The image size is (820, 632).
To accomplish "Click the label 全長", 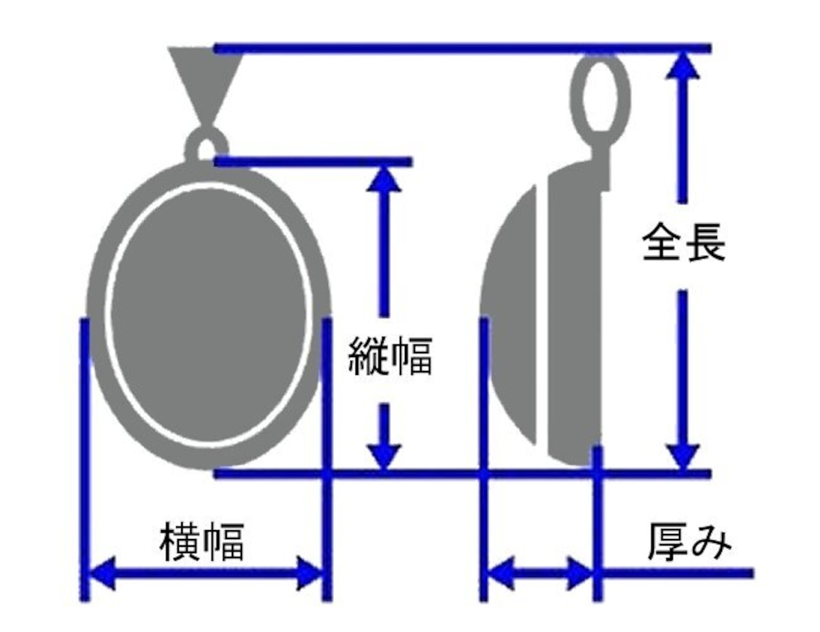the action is coord(684,242).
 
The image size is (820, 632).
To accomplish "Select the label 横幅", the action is coord(202,542).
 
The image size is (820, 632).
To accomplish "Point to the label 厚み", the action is coord(689,542).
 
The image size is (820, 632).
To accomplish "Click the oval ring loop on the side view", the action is coord(600,93).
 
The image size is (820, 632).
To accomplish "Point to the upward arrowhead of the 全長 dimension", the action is coord(684,64).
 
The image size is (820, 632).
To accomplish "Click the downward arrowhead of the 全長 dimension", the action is coord(684,456).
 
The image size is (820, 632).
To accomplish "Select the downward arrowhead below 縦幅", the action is coord(384,456).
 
